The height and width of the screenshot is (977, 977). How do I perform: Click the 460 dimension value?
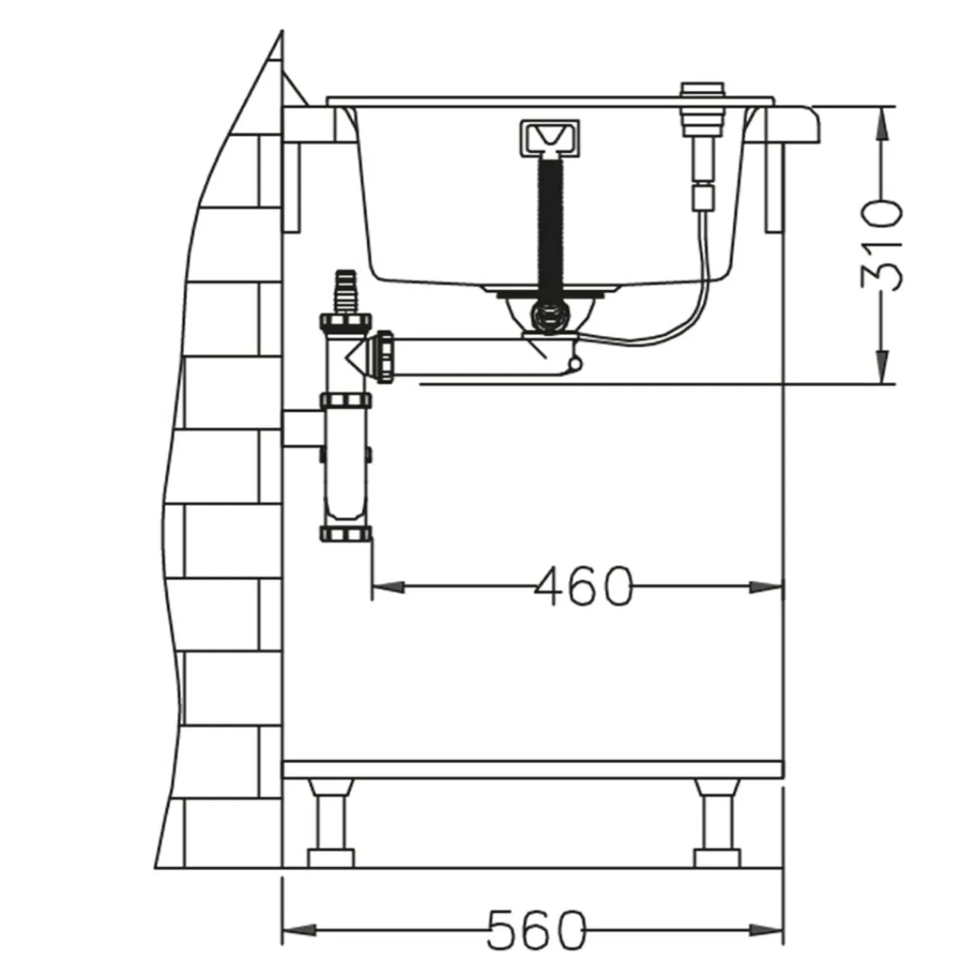[585, 586]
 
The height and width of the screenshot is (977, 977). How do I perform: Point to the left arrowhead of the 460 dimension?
[389, 587]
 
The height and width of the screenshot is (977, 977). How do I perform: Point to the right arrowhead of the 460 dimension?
[766, 587]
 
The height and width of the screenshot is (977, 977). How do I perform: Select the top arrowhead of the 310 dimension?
[882, 124]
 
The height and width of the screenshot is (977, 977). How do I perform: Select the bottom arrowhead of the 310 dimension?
[882, 366]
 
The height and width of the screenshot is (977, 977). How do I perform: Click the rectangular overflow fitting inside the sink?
[550, 137]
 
